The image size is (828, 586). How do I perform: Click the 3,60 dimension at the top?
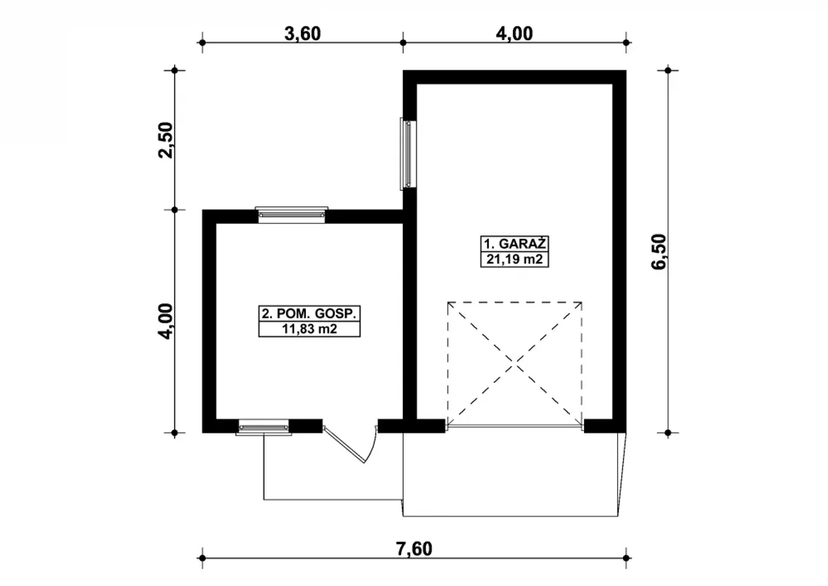point(302,34)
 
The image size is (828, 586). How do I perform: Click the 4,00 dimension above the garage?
point(514,34)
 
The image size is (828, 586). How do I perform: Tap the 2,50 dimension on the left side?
point(165,140)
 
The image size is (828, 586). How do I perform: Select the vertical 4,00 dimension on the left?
point(165,321)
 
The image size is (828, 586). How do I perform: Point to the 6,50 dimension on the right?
point(659,252)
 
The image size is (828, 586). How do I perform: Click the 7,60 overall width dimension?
point(414,549)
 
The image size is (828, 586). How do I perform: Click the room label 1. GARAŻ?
point(514,244)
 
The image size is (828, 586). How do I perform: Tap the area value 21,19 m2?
point(514,259)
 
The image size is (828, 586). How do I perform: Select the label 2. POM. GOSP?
point(309,314)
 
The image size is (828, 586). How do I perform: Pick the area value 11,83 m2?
point(309,329)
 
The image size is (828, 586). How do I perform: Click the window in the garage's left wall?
point(408,154)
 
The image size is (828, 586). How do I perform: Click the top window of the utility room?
point(292,215)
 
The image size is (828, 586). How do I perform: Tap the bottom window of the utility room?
point(263,427)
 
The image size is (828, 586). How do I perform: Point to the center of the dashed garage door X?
point(514,365)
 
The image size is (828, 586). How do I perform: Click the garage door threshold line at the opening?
point(514,427)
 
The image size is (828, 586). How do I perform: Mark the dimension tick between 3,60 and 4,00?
point(403,43)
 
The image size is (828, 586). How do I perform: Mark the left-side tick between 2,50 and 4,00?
point(175,210)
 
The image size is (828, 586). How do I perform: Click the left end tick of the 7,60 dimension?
point(202,558)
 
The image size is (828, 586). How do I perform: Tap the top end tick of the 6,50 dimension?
point(668,71)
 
